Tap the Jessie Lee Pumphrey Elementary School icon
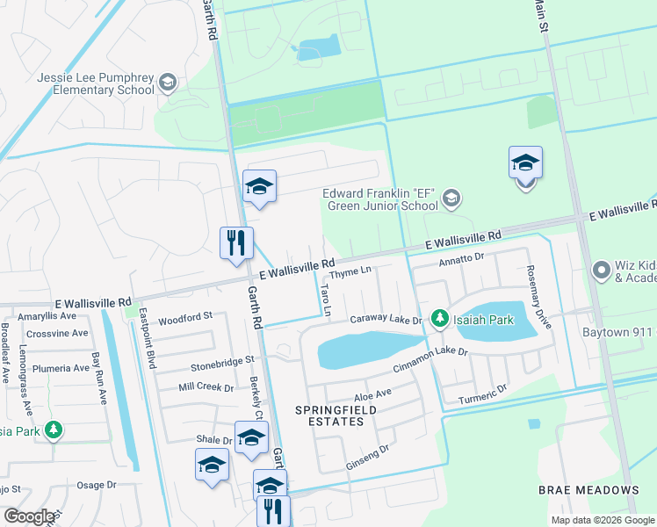click(x=168, y=83)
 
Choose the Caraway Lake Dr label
click(x=386, y=321)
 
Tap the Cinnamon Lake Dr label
click(x=430, y=359)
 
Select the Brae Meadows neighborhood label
click(x=590, y=489)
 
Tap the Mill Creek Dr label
click(x=206, y=386)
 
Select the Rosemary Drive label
click(x=538, y=297)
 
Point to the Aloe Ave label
click(x=372, y=396)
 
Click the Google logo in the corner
click(x=30, y=516)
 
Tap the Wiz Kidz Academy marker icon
click(x=602, y=270)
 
